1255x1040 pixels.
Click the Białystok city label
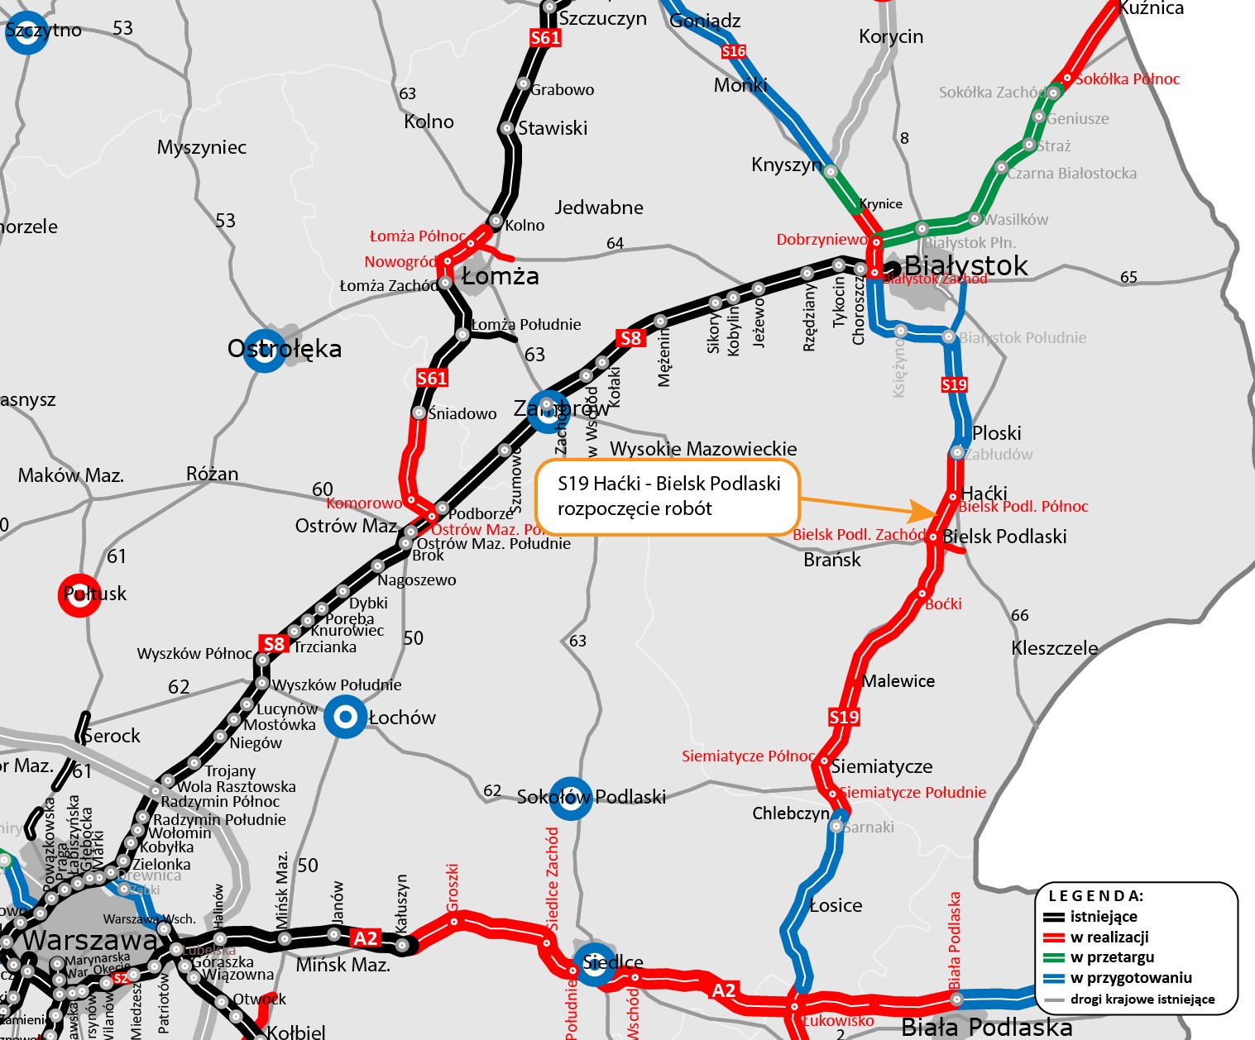(x=965, y=265)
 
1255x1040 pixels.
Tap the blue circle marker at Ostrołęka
(x=265, y=351)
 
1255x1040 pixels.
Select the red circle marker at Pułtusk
(x=79, y=594)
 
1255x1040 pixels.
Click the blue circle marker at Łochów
(x=345, y=717)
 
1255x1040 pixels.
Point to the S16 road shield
(x=734, y=51)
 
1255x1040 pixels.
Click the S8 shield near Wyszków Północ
(x=274, y=644)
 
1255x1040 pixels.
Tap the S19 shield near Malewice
(x=844, y=717)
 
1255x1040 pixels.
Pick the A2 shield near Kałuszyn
(x=365, y=938)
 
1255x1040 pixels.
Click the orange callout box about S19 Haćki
(x=668, y=496)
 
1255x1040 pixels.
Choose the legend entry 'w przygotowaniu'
(x=1130, y=978)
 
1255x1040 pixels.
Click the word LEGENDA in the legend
(x=1095, y=895)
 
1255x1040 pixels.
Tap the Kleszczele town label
(x=1055, y=648)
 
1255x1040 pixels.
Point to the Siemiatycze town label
(x=882, y=766)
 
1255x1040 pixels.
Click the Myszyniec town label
(x=202, y=147)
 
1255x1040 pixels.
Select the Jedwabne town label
(x=599, y=208)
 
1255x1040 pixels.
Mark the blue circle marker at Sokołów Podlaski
(x=570, y=798)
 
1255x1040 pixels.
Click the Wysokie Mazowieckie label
(x=703, y=449)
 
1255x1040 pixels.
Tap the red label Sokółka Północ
(x=1127, y=79)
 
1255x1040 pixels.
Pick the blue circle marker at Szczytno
(x=27, y=32)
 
